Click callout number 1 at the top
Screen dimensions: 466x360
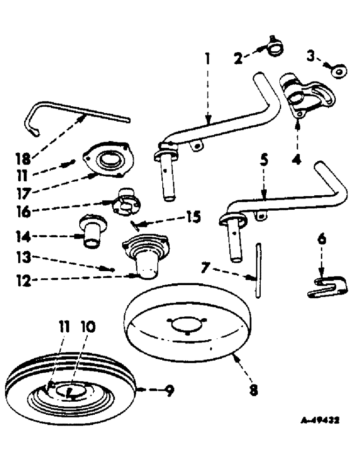click(207, 59)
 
